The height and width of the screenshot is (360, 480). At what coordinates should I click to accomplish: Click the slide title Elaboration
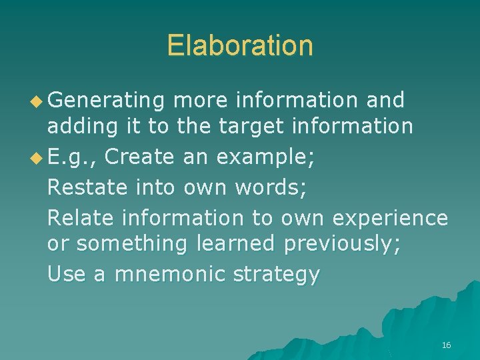[239, 45]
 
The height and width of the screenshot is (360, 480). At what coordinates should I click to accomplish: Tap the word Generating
[106, 100]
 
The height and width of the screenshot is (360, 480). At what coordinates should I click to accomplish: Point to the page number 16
[446, 345]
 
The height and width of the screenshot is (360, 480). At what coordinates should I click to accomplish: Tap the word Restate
[87, 187]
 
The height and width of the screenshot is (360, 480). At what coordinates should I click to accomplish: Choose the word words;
[271, 187]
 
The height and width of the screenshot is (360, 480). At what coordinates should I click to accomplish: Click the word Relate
[80, 217]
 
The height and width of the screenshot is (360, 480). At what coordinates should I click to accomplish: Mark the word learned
[235, 245]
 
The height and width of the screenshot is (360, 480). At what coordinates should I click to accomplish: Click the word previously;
[342, 245]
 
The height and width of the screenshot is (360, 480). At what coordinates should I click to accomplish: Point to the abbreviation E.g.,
[73, 159]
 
